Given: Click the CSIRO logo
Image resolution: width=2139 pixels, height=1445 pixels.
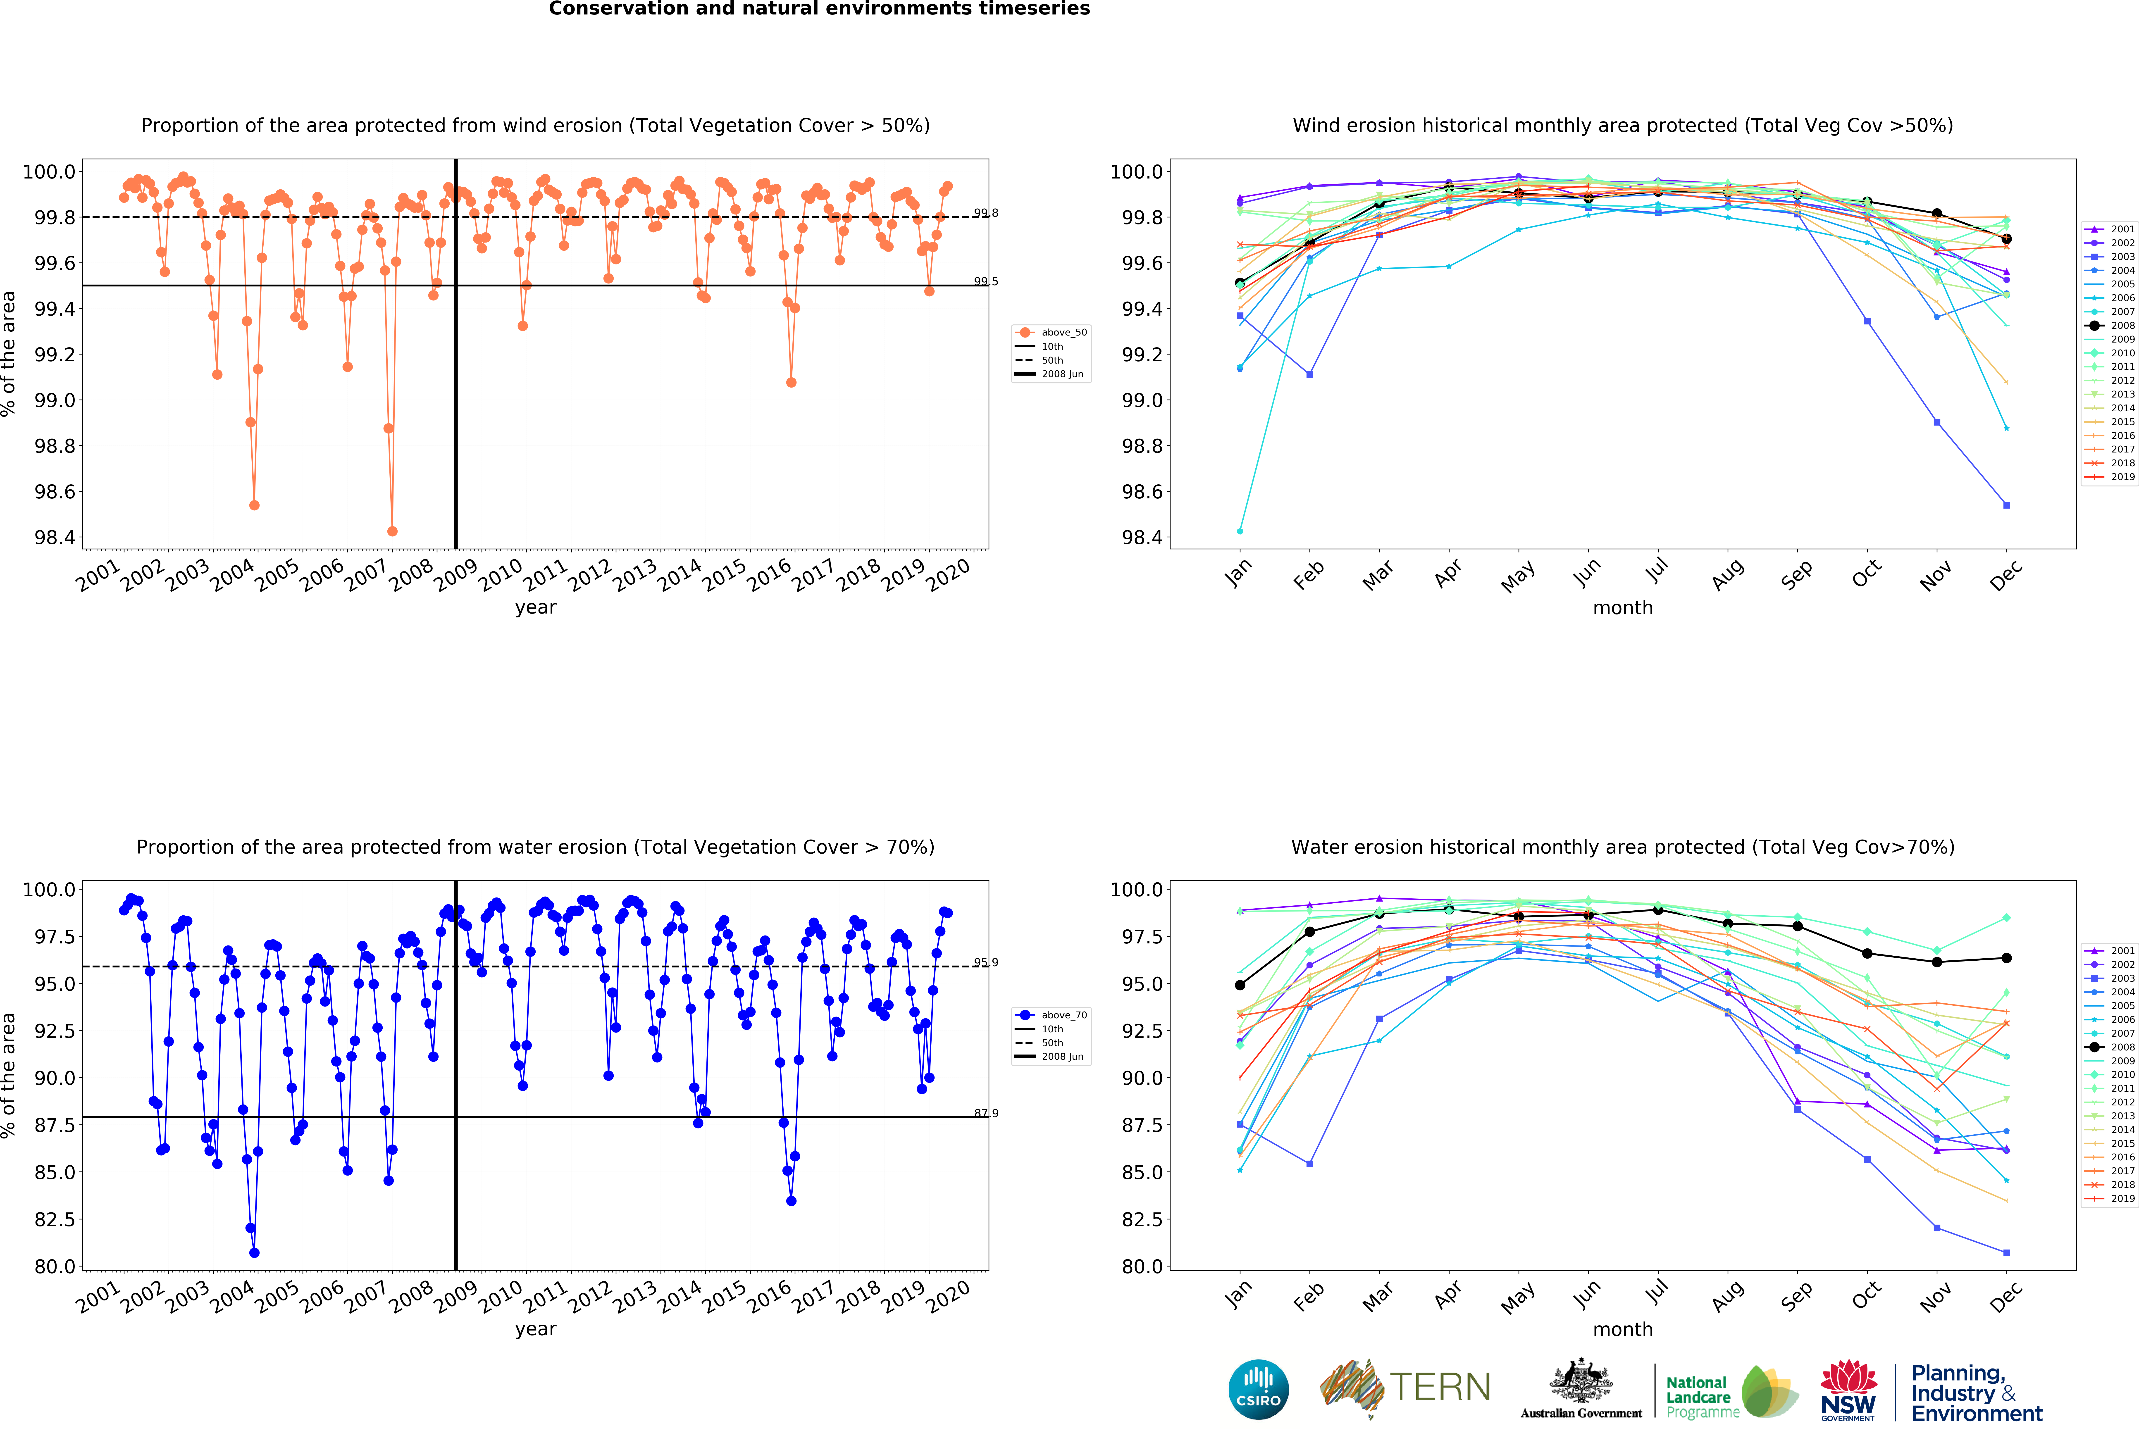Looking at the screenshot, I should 1258,1389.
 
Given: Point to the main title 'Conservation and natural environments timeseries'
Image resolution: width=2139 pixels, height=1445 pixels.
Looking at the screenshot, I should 819,9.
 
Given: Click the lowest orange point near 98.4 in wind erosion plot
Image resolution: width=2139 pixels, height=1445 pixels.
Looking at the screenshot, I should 392,531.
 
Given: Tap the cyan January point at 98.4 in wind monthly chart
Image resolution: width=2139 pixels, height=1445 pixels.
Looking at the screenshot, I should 1240,531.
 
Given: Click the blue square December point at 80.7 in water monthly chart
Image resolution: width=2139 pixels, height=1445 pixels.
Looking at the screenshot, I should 2006,1253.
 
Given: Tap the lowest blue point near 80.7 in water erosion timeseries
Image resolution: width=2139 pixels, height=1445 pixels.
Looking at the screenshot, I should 254,1253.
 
